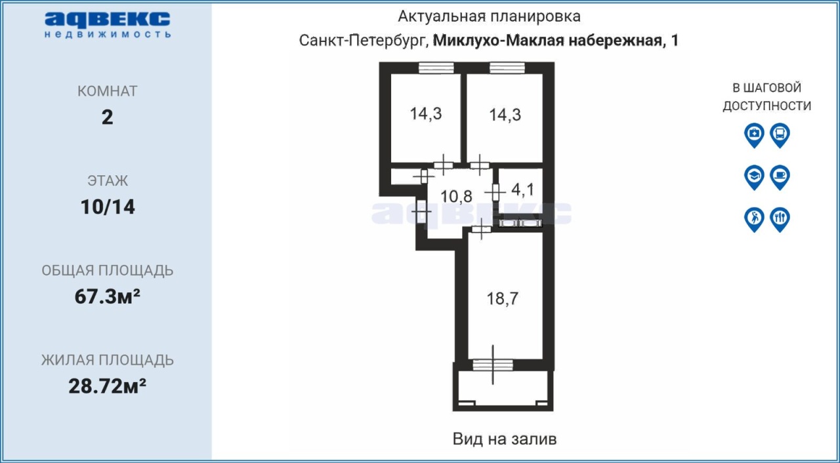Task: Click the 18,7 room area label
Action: click(x=503, y=299)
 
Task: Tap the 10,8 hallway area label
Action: click(x=456, y=196)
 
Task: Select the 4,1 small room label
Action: click(x=522, y=190)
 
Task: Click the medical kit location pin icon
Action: click(x=754, y=135)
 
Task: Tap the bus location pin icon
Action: click(x=780, y=135)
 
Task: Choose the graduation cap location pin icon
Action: click(x=754, y=177)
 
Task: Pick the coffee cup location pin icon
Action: click(x=780, y=177)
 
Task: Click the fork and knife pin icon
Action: click(x=780, y=220)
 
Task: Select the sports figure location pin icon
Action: click(x=754, y=220)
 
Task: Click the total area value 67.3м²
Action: click(x=107, y=296)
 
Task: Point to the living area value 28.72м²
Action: click(x=107, y=386)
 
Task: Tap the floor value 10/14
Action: click(x=108, y=207)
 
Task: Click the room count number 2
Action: click(x=107, y=117)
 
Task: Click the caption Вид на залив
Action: click(x=505, y=439)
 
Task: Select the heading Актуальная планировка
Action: click(x=489, y=16)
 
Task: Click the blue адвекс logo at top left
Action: click(x=107, y=25)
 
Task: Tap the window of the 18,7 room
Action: click(x=493, y=365)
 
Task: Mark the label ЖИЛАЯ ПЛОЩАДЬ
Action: click(x=107, y=360)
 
